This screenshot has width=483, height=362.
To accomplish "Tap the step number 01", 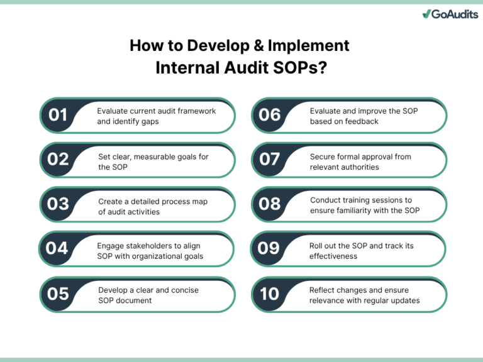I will tap(58, 115).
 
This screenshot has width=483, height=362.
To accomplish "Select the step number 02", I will tap(58, 160).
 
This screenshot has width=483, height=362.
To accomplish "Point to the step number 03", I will tap(58, 204).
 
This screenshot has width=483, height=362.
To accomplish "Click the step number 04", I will tap(57, 248).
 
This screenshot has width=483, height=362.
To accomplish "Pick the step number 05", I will tap(58, 293).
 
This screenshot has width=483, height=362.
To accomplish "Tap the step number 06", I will tap(270, 115).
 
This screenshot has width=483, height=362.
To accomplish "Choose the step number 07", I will tap(270, 160).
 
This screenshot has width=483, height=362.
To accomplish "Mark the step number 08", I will tap(270, 204).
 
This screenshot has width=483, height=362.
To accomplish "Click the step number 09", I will tap(269, 248).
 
